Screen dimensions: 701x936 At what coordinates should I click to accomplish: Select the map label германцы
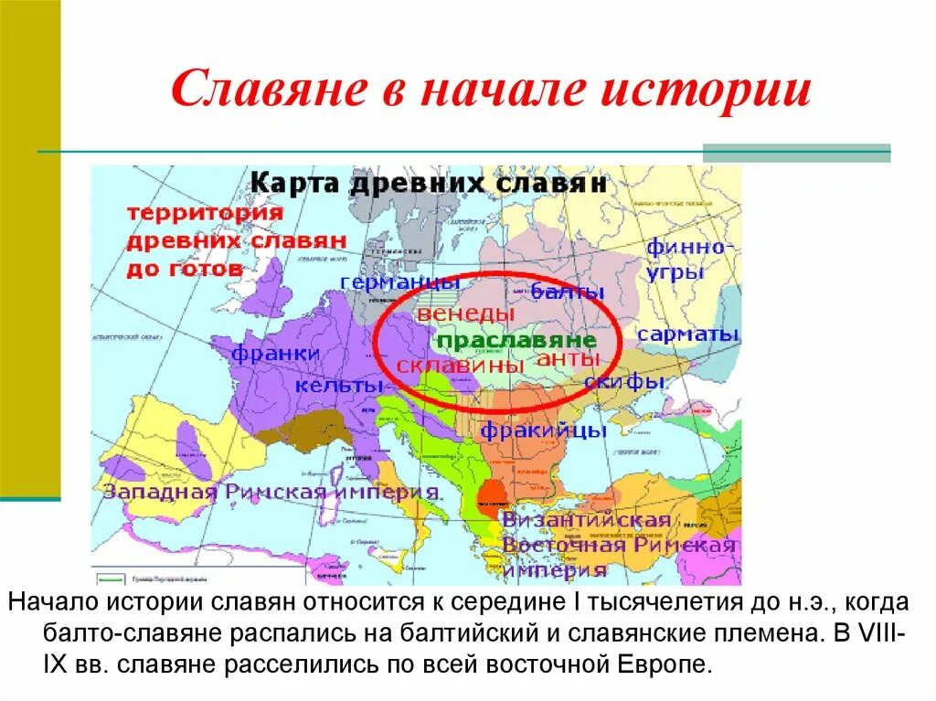[394, 280]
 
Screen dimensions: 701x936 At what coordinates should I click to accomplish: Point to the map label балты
[569, 292]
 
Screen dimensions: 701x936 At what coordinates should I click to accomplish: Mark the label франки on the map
[275, 353]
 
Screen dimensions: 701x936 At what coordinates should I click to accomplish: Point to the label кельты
[338, 386]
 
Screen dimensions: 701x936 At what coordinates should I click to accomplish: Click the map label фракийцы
[543, 429]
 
